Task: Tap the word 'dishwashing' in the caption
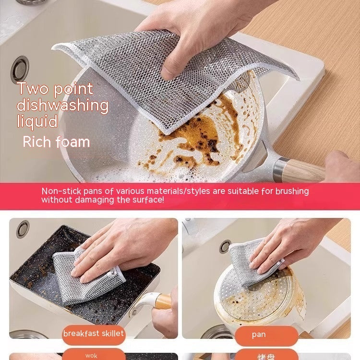coord(62,105)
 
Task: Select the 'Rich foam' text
coord(56,142)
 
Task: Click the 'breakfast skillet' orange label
coord(93,334)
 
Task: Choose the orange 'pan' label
coord(259,335)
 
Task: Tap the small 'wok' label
coord(91,356)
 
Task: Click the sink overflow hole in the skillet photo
coord(23,228)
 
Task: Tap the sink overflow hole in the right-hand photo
coord(225,246)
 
